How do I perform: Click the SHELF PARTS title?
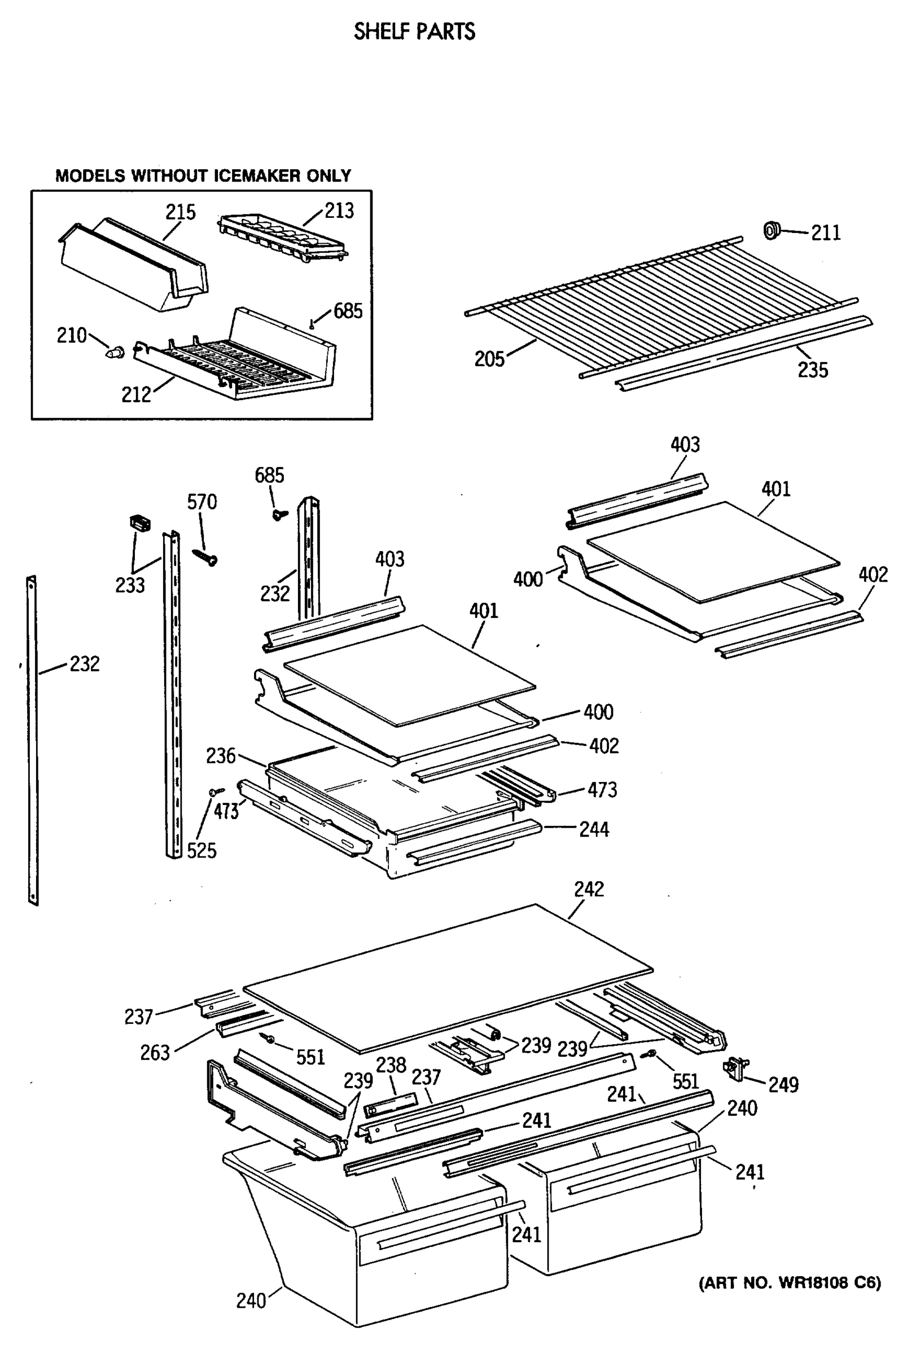pos(414,32)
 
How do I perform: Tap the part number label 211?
pos(826,233)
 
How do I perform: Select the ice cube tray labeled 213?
pos(283,238)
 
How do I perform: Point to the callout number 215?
pos(180,212)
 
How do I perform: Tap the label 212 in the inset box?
pos(136,394)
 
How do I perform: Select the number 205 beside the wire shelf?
pos(489,359)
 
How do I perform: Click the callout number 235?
pos(813,370)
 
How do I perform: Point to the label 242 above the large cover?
pos(589,889)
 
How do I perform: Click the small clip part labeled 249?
pos(735,1069)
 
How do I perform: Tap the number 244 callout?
pos(594,829)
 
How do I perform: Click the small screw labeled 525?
pos(216,792)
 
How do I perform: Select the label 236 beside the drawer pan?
pos(220,755)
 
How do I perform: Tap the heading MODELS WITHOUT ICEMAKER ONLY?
pos(203,175)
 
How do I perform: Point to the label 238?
pos(391,1065)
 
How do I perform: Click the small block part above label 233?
pos(139,521)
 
